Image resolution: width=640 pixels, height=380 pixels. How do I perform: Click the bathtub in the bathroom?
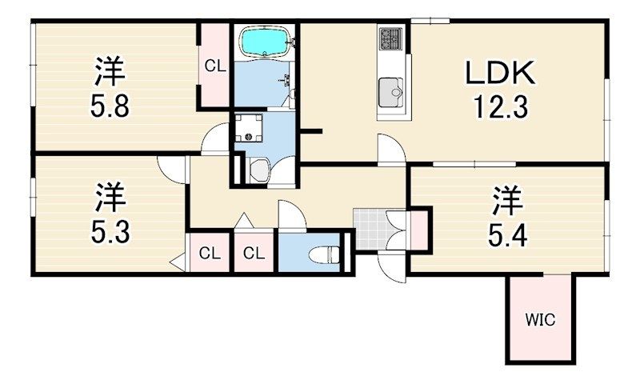click(x=266, y=42)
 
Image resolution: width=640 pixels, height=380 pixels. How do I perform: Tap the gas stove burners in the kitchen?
click(x=390, y=38)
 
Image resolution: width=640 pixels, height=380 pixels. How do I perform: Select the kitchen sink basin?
click(x=391, y=93)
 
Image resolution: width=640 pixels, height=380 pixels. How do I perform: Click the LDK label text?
click(x=501, y=73)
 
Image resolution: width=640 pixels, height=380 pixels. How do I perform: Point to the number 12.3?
click(x=501, y=106)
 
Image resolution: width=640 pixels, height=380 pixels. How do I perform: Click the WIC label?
click(x=540, y=319)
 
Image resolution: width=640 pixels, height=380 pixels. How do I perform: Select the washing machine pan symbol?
click(x=249, y=128)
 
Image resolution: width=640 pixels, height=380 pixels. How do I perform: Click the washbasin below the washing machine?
click(x=260, y=170)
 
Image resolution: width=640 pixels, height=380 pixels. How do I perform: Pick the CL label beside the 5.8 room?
click(x=215, y=66)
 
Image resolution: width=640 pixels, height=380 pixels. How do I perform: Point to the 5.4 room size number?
click(x=508, y=235)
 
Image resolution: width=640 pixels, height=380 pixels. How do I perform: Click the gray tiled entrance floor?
click(x=370, y=229)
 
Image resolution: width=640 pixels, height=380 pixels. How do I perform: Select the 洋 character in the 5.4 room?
click(x=508, y=201)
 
